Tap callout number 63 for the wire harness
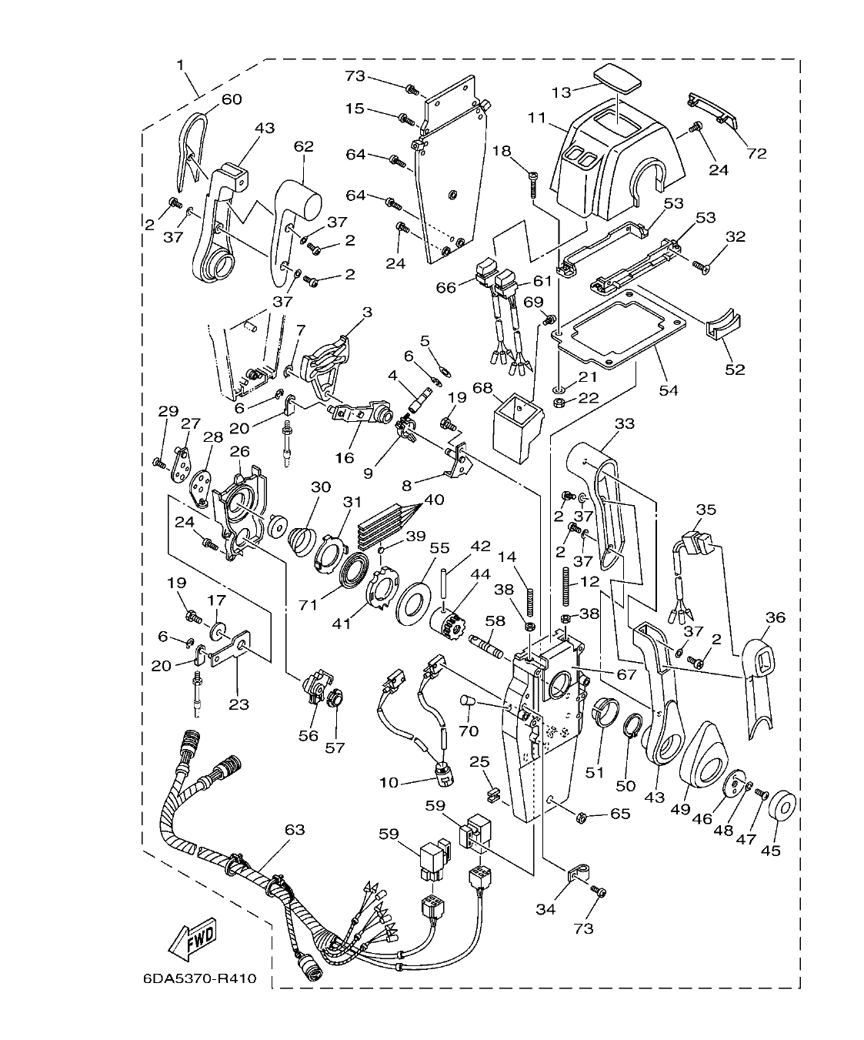coord(295,830)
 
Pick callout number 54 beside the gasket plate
coord(669,390)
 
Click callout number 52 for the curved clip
coord(735,370)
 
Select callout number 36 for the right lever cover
coord(775,617)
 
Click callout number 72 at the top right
coord(757,153)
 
